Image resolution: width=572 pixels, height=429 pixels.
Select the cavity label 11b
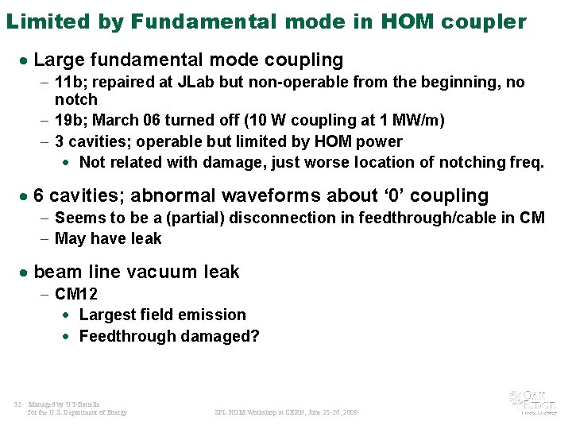click(68, 83)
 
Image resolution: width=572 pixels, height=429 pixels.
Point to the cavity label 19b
click(69, 121)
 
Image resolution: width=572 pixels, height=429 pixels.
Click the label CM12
click(76, 294)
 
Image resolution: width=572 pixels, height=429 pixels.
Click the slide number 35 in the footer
click(17, 404)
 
